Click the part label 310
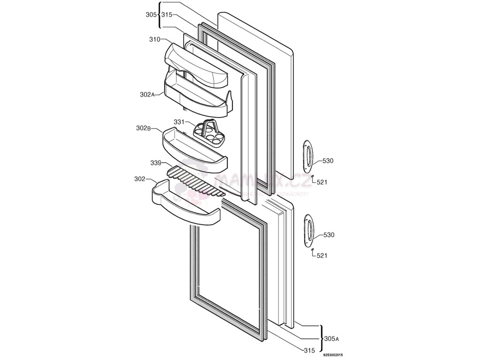(x=155, y=39)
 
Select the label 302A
(x=147, y=94)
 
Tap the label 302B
(x=143, y=128)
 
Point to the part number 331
(x=180, y=122)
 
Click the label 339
(x=156, y=163)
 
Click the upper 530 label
(x=328, y=161)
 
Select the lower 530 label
(x=329, y=235)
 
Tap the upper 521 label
(x=322, y=182)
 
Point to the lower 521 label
(x=322, y=255)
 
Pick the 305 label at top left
(x=150, y=15)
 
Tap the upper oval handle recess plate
(x=307, y=155)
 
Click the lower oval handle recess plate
(x=308, y=230)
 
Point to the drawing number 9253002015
(x=333, y=355)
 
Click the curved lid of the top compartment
(x=196, y=65)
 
